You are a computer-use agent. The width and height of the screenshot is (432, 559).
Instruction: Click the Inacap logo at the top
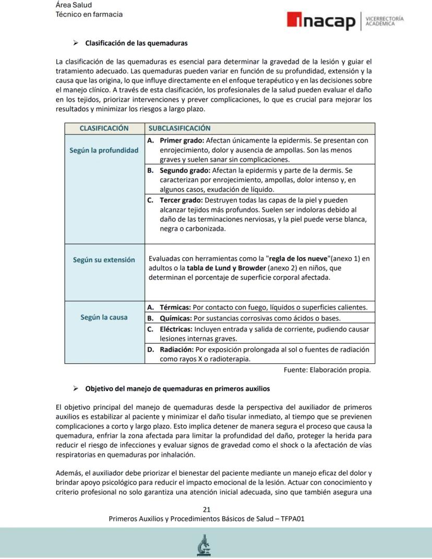pyautogui.click(x=320, y=21)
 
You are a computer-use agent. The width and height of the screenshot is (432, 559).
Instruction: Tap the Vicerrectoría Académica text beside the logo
pyautogui.click(x=385, y=21)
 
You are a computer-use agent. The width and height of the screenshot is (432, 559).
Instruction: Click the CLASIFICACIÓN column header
pyautogui.click(x=104, y=128)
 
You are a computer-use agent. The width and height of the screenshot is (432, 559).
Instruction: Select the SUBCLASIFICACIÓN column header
pyautogui.click(x=179, y=128)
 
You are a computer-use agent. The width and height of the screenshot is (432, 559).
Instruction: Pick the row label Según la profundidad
pyautogui.click(x=104, y=150)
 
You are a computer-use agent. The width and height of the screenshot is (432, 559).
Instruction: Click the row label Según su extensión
pyautogui.click(x=104, y=259)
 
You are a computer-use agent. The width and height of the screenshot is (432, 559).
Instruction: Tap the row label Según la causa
pyautogui.click(x=104, y=317)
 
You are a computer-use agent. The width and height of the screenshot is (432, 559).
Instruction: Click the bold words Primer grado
pyautogui.click(x=182, y=140)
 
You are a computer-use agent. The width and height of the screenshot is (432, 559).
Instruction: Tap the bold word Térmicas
pyautogui.click(x=175, y=307)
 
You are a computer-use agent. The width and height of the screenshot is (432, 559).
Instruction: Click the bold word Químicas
pyautogui.click(x=175, y=318)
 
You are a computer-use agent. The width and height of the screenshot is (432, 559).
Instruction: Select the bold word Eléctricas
pyautogui.click(x=176, y=329)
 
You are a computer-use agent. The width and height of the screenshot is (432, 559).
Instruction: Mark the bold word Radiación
pyautogui.click(x=176, y=349)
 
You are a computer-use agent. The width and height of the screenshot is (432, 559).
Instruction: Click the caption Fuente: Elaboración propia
pyautogui.click(x=327, y=370)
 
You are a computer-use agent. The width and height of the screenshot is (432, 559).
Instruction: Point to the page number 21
pyautogui.click(x=207, y=509)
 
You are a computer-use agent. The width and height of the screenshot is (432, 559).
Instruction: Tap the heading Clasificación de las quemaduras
pyautogui.click(x=136, y=43)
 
